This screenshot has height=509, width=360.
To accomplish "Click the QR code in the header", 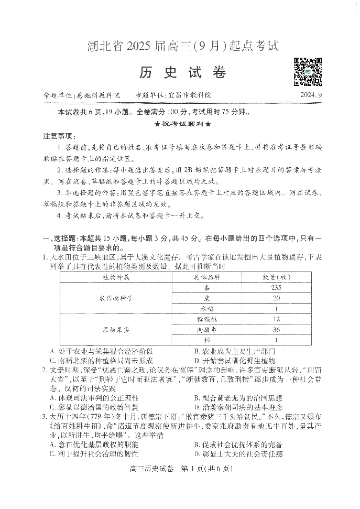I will (x=308, y=72).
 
